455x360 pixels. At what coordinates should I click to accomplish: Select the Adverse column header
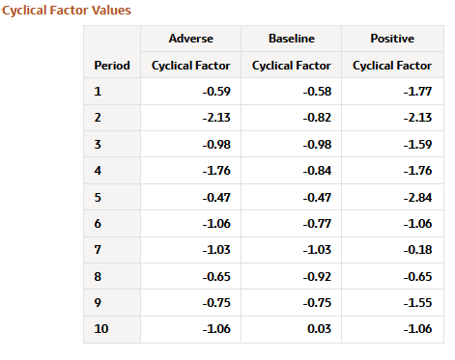[x=190, y=39]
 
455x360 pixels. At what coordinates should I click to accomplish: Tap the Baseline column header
[x=291, y=39]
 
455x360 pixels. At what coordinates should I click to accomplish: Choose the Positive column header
[x=392, y=39]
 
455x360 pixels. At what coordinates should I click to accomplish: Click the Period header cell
[x=112, y=66]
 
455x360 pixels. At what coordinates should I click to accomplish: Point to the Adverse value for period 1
[x=215, y=92]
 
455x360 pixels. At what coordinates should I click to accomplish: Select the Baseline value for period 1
[x=316, y=92]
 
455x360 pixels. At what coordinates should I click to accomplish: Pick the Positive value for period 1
[x=417, y=92]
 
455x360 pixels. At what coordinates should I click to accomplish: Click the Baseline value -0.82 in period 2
[x=316, y=118]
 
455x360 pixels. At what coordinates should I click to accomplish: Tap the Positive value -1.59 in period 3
[x=417, y=145]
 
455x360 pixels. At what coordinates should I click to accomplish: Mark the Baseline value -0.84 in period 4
[x=316, y=171]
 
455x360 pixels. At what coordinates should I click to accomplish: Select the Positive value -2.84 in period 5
[x=417, y=197]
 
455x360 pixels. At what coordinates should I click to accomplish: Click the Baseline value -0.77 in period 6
[x=316, y=224]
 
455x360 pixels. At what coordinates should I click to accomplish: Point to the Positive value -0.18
[x=417, y=250]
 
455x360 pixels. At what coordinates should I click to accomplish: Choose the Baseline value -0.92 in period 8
[x=316, y=276]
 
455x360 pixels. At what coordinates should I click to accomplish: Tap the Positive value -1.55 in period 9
[x=417, y=302]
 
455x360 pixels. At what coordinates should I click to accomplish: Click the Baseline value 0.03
[x=320, y=329]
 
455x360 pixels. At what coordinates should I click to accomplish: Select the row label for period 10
[x=100, y=329]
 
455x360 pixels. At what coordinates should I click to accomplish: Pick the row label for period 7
[x=98, y=250]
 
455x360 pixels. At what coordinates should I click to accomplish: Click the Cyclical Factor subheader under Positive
[x=392, y=66]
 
